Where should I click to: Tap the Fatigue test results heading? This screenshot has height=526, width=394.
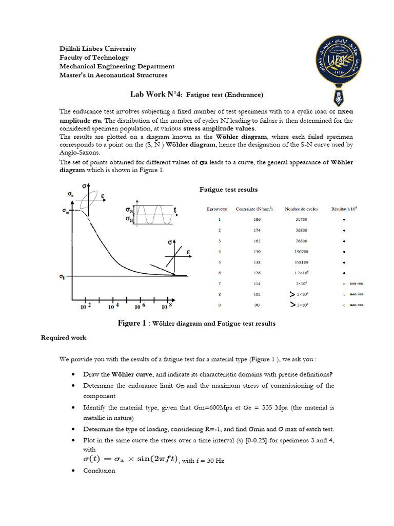[x=228, y=190]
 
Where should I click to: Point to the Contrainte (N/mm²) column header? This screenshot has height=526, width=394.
[x=254, y=209]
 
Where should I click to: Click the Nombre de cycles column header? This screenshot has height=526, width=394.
[x=299, y=209]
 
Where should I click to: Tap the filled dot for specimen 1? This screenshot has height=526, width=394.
[x=344, y=220]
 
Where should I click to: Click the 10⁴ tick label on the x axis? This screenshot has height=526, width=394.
[x=114, y=307]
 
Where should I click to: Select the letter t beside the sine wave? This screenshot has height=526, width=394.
[x=175, y=210]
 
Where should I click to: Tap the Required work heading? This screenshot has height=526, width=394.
[x=64, y=337]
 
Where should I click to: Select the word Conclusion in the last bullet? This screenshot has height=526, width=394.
[x=99, y=471]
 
